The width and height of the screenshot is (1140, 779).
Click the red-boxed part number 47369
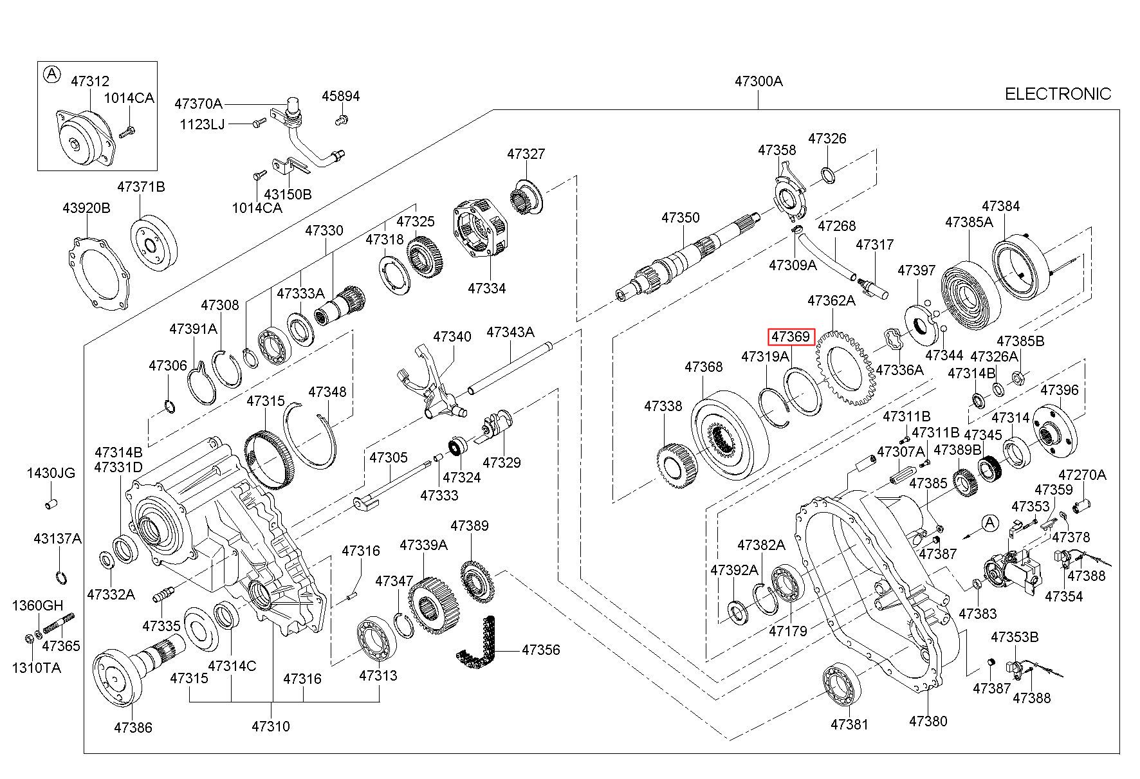click(x=791, y=336)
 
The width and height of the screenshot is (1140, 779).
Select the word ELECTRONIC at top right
click(x=1058, y=94)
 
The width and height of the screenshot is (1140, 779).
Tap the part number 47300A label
click(x=758, y=82)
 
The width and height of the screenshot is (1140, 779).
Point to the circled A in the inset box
click(x=51, y=75)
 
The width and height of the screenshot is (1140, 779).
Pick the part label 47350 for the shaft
click(x=680, y=217)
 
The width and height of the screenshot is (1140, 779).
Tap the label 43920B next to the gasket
click(x=86, y=208)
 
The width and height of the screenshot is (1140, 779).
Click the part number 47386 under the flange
click(x=133, y=728)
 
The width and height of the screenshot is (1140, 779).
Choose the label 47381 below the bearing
click(x=849, y=724)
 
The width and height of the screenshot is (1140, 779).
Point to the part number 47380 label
click(x=928, y=721)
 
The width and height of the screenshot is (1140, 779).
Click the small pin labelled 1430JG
click(x=51, y=502)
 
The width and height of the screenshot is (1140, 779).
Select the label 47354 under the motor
click(x=1063, y=596)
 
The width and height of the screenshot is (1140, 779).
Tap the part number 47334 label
click(x=486, y=288)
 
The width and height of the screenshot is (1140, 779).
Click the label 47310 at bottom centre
click(x=270, y=726)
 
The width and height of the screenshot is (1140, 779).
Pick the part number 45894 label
click(x=340, y=96)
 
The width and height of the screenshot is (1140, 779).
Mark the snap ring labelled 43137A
click(x=60, y=578)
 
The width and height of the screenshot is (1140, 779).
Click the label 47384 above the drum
click(x=1000, y=206)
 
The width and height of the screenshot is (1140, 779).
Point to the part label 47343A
click(x=510, y=332)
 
